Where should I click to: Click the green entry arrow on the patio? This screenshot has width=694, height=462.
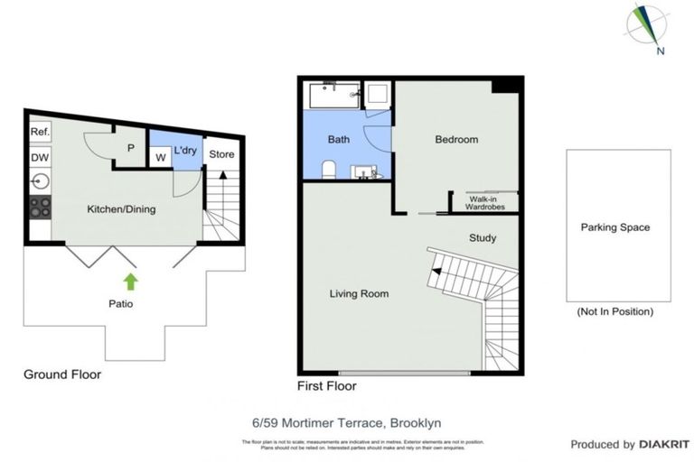(131, 281)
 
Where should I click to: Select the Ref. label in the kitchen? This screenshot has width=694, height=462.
(40, 132)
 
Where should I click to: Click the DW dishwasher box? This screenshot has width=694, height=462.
(40, 157)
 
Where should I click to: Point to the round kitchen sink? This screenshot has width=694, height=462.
(40, 180)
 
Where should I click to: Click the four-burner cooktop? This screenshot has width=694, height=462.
(40, 207)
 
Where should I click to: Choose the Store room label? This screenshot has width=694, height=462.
(221, 154)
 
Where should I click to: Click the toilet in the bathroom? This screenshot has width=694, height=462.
(329, 170)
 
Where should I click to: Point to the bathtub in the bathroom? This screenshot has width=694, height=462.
(333, 95)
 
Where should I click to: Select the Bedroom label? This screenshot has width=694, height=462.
(456, 140)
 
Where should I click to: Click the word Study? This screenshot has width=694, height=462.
(483, 238)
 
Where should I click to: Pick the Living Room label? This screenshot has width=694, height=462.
(359, 293)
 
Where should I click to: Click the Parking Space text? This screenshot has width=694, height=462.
(614, 227)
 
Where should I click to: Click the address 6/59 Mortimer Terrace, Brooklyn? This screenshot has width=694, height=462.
(347, 421)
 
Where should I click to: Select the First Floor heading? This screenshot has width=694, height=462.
(326, 386)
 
